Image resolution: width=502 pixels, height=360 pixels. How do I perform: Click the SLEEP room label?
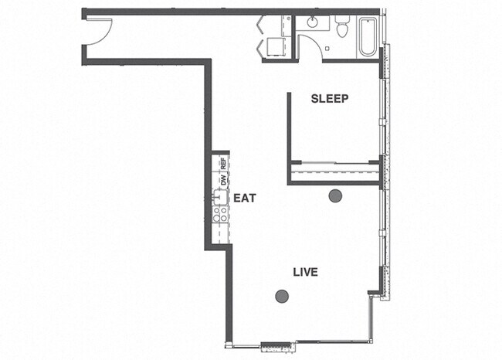tap(330, 99)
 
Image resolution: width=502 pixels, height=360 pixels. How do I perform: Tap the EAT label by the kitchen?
tap(245, 198)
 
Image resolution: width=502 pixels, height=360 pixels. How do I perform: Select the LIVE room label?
tap(305, 272)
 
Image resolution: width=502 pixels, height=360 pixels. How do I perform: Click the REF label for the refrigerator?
tap(223, 164)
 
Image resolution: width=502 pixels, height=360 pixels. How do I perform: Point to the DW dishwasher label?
tap(223, 180)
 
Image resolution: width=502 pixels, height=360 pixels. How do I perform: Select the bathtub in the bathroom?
tap(367, 36)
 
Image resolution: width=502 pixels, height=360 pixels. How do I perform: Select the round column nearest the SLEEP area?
tap(335, 196)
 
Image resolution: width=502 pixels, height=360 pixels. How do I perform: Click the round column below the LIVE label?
tap(282, 296)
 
